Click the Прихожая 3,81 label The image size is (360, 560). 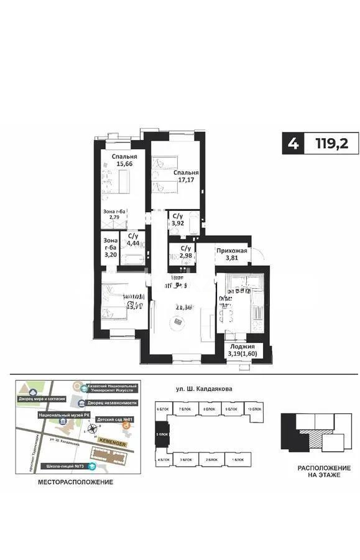[x=232, y=255]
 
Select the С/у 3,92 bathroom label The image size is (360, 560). [x=177, y=218]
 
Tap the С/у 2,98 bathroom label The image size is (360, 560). [x=185, y=252]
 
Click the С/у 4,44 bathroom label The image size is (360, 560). [x=132, y=241]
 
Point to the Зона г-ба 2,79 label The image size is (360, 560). [x=114, y=215]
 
